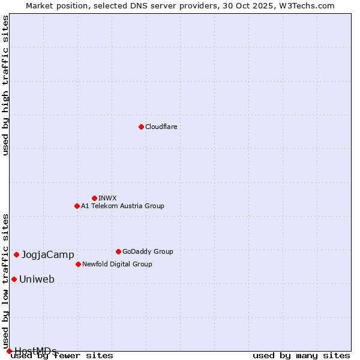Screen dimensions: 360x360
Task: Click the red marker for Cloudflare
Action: [x=141, y=127]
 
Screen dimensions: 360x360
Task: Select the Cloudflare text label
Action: [x=161, y=127]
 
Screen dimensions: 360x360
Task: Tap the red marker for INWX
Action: [x=94, y=198]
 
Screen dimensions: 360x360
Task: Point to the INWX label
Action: [x=107, y=198]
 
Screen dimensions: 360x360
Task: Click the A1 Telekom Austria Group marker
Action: [x=77, y=206]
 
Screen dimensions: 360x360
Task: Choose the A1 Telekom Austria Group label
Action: [x=122, y=206]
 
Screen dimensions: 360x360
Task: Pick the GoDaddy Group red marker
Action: [x=118, y=251]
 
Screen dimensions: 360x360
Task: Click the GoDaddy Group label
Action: [x=148, y=251]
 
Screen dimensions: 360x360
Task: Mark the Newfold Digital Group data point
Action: [x=78, y=264]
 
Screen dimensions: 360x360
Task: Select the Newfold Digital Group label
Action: [x=117, y=264]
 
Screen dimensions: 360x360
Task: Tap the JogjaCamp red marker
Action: [x=16, y=254]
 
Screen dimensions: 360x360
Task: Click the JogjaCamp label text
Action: [x=48, y=255]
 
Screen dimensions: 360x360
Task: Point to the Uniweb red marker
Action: [x=14, y=279]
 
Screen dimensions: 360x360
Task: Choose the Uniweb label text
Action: [x=37, y=280]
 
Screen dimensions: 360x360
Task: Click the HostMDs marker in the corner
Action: [x=9, y=351]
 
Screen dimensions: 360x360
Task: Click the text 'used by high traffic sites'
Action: [x=5, y=85]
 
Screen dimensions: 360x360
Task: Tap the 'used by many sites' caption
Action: [x=301, y=355]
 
